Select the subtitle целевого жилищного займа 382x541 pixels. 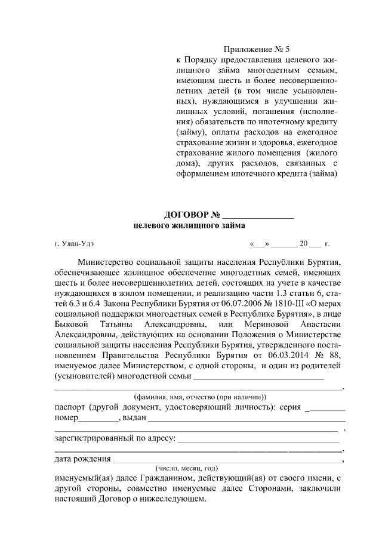pyautogui.click(x=189, y=225)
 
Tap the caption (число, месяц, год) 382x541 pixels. pyautogui.click(x=186, y=468)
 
